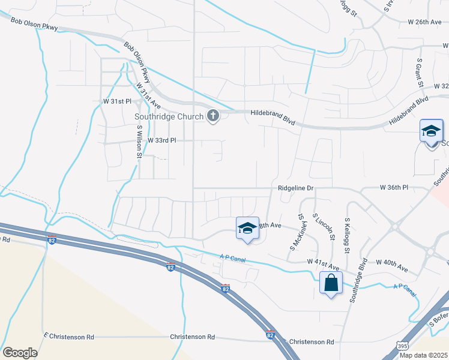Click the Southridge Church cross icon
pos(212,116)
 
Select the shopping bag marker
pos(331,283)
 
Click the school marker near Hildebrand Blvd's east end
pos(431,133)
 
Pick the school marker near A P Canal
pos(247,229)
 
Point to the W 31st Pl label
pos(116,101)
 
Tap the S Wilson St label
pos(139,142)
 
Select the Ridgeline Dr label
pos(296,188)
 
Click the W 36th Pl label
pos(394,188)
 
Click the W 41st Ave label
pos(323,262)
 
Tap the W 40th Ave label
pos(392,262)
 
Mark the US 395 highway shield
pos(402,347)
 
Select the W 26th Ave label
pos(424,22)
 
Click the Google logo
pos(20,353)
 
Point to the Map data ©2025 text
pos(423,355)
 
